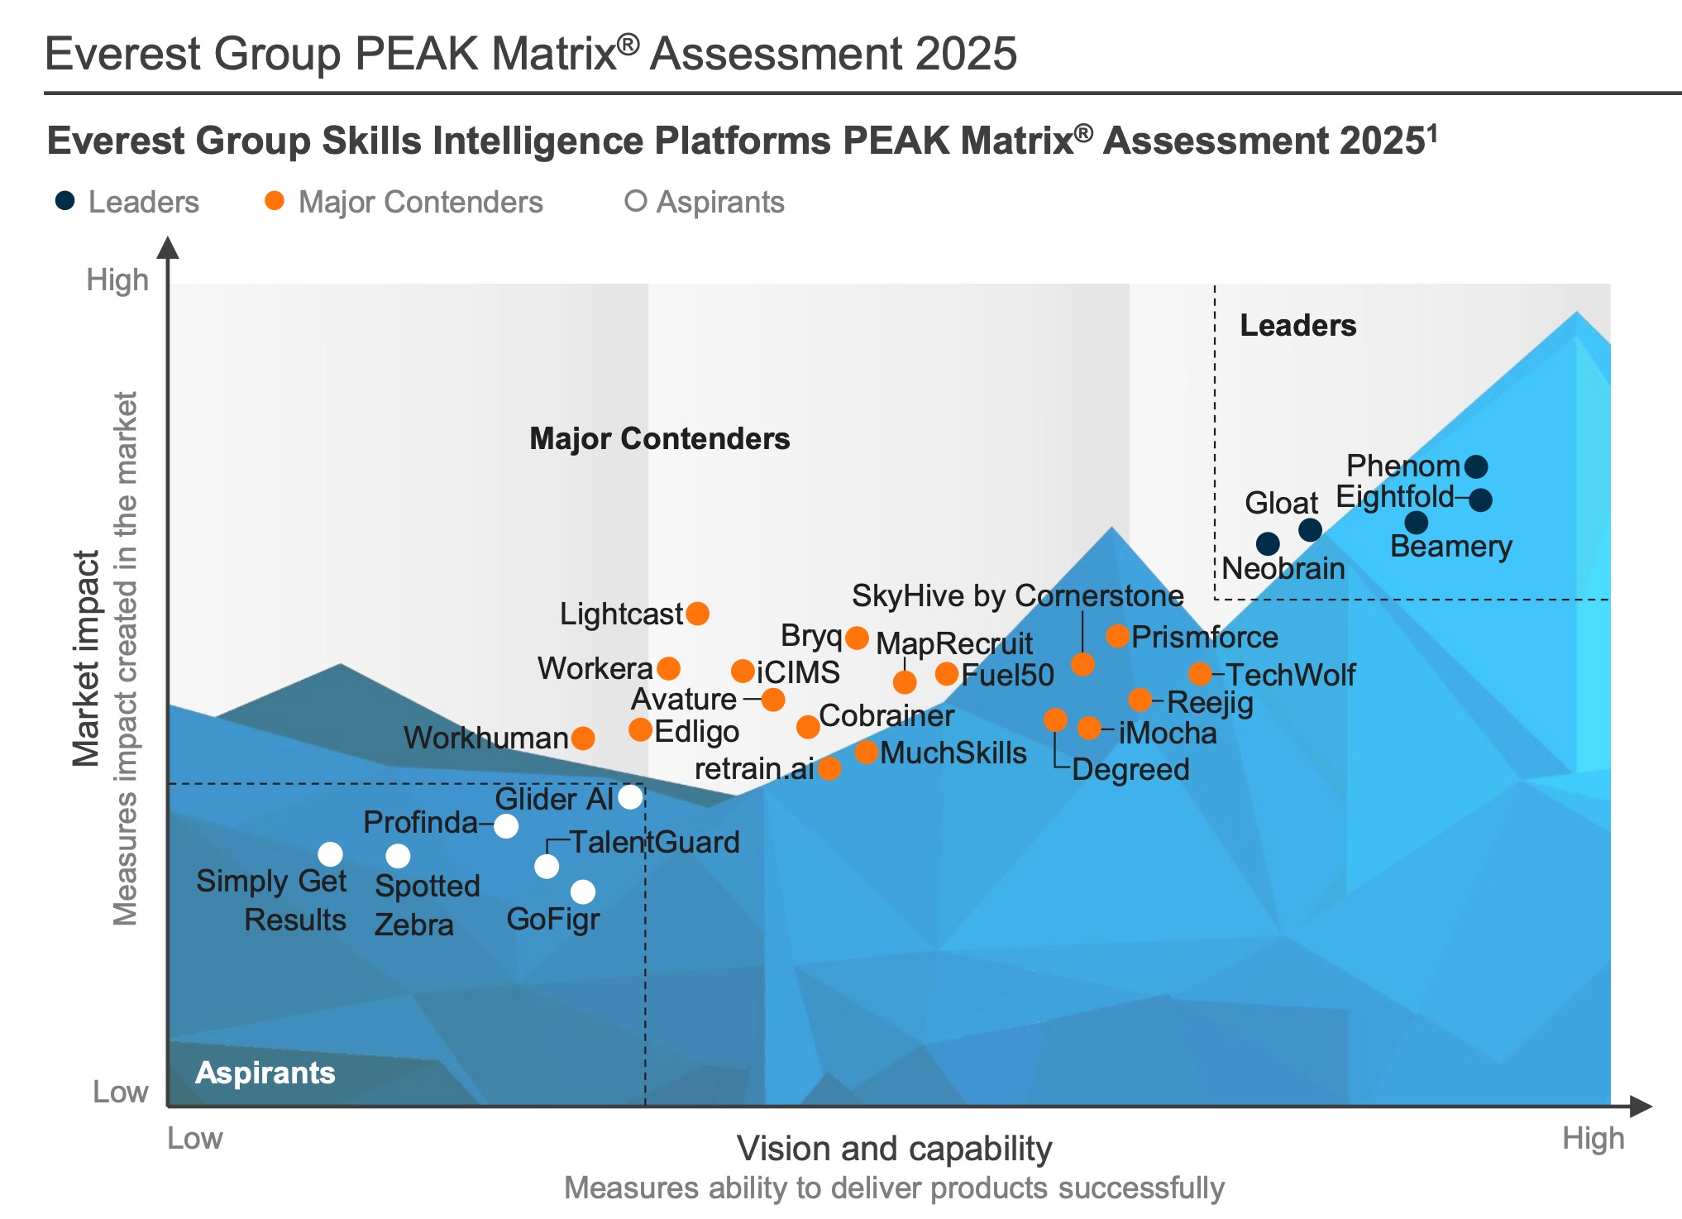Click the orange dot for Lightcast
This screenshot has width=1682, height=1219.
(697, 614)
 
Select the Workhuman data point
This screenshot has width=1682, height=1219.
(583, 738)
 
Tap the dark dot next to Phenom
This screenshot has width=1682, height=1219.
(1476, 467)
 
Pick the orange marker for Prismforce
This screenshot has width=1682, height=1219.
(1117, 636)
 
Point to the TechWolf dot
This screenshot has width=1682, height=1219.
(1200, 674)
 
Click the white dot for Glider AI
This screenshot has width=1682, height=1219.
(630, 797)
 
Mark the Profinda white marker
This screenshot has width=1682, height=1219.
(506, 825)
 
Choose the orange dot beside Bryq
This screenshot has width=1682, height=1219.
(857, 638)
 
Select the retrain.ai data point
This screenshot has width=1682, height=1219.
(829, 768)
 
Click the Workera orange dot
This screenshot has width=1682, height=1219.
(668, 668)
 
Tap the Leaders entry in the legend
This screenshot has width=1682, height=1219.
(127, 202)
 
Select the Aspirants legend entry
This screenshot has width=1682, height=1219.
(705, 202)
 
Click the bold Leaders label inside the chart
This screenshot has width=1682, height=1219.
(1297, 326)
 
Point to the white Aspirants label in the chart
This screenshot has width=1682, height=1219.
(265, 1073)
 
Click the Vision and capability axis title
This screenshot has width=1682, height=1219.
(894, 1149)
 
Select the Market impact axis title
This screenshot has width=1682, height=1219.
(85, 658)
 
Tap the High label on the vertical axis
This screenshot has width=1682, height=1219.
(117, 280)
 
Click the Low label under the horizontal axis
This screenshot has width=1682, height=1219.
(195, 1139)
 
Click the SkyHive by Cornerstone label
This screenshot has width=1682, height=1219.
(1017, 595)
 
